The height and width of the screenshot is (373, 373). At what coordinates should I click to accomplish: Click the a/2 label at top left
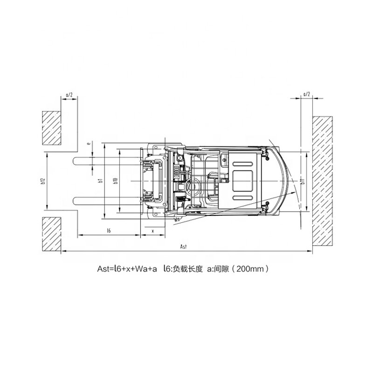point(69,95)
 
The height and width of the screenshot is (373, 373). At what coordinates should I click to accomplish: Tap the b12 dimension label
point(43,181)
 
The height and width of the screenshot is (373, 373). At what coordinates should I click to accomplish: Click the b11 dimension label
point(302,182)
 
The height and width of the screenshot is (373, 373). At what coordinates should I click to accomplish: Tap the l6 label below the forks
point(108,230)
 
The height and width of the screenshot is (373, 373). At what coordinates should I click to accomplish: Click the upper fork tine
point(107,161)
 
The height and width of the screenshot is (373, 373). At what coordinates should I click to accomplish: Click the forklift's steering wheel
point(191,185)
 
